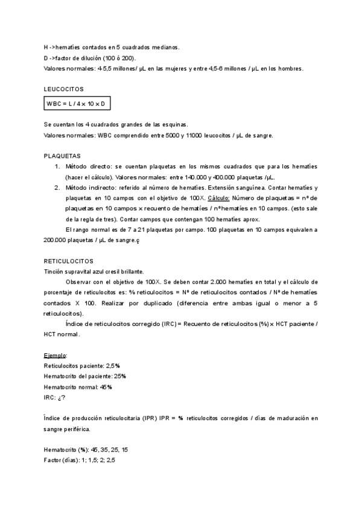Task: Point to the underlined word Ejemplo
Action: tap(56, 356)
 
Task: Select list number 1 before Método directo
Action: tap(57, 166)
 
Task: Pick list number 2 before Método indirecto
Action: tap(57, 188)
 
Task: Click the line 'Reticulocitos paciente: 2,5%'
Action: tap(82, 366)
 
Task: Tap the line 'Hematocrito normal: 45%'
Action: tap(78, 386)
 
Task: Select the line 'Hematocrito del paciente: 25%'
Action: tap(85, 376)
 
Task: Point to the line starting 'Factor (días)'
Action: tap(80, 461)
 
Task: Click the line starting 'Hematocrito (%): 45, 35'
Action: tap(86, 450)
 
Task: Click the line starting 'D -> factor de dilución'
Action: tap(90, 58)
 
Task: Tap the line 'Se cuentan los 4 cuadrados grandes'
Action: tap(116, 124)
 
